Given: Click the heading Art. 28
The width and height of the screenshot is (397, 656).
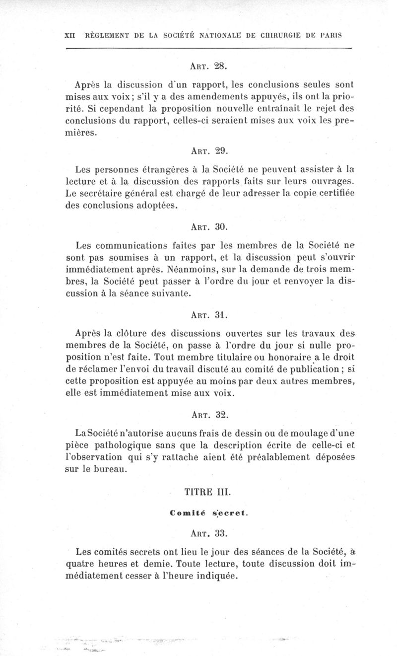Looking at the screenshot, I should (x=208, y=65).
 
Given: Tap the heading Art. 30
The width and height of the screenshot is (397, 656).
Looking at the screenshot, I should (x=208, y=227).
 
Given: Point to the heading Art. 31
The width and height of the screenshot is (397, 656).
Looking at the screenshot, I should (x=208, y=314).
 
